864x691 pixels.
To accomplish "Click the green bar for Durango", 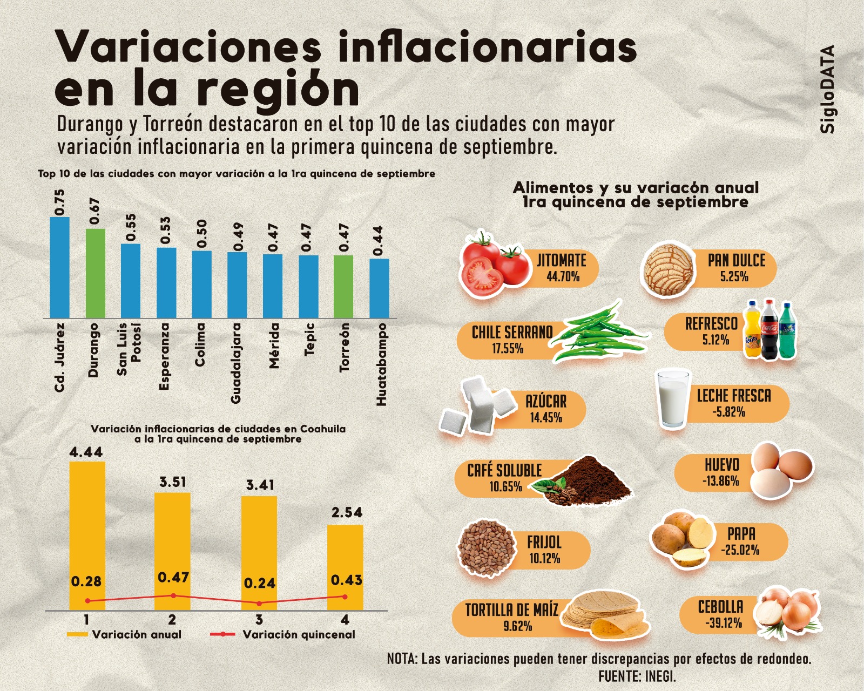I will click(x=96, y=273).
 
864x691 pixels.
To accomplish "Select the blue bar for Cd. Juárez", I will click(x=60, y=267).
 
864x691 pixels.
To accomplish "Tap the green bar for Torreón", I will click(x=343, y=287).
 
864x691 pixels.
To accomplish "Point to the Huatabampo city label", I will click(x=382, y=364).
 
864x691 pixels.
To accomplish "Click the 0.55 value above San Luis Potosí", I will click(x=131, y=227).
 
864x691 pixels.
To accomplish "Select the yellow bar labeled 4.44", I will click(x=87, y=534).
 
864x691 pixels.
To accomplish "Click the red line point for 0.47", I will click(x=173, y=595).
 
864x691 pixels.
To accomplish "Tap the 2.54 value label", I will click(x=347, y=512).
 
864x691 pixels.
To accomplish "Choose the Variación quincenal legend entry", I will click(x=298, y=634).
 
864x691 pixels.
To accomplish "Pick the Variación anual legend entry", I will click(x=136, y=634).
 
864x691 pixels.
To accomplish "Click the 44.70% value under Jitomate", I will click(x=563, y=277).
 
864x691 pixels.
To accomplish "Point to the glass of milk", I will click(x=672, y=398).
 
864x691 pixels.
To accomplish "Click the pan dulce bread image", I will click(x=669, y=268).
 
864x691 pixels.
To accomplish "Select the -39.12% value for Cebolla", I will click(x=723, y=623).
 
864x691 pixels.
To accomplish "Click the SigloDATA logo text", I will click(x=827, y=89).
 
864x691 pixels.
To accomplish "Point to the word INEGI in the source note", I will click(x=660, y=675).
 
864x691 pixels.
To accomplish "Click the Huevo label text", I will click(x=722, y=465).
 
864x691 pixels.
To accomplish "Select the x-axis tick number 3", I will click(x=259, y=619).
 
